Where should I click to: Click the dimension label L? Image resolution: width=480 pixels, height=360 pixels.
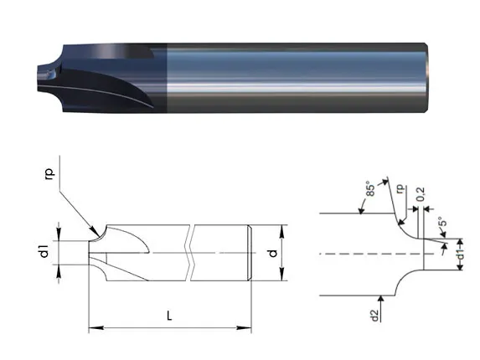(x=169, y=316)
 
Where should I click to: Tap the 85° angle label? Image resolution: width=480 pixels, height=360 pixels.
(x=370, y=190)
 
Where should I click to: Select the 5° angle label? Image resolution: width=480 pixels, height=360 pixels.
(x=442, y=222)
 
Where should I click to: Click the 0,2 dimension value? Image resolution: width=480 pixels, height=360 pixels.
(x=421, y=194)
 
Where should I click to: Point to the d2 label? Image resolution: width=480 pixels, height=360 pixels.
(x=374, y=316)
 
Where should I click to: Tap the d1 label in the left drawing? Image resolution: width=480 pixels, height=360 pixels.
(x=44, y=251)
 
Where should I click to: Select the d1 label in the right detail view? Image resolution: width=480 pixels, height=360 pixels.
(x=460, y=254)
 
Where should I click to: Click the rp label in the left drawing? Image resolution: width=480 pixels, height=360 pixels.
(x=50, y=173)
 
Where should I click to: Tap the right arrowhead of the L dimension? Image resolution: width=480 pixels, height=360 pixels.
(x=244, y=328)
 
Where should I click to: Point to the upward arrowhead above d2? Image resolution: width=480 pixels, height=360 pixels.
(x=380, y=299)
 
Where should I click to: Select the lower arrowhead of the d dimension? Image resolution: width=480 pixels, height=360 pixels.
(x=282, y=274)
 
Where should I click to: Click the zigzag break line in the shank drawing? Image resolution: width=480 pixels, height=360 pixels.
(x=190, y=253)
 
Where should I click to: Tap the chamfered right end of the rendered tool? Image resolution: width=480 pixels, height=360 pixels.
(x=426, y=78)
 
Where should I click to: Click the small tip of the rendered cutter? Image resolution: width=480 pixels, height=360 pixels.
(x=43, y=78)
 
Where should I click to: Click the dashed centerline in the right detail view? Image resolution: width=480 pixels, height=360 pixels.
(x=376, y=254)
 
